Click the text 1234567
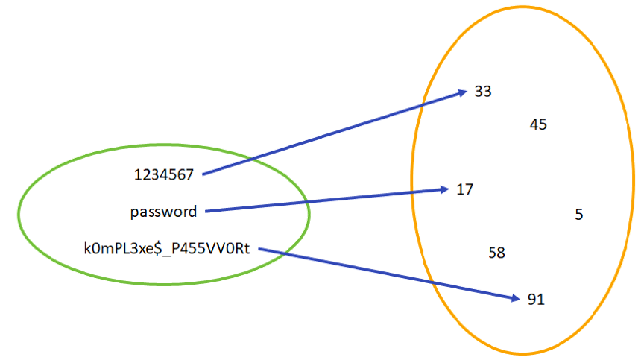[x=164, y=174]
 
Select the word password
[x=164, y=212]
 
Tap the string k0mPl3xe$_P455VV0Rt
[x=168, y=249]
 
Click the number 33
[x=483, y=92]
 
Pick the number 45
[x=538, y=124]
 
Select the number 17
[x=465, y=189]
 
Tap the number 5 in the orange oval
[x=578, y=215]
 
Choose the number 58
[x=496, y=253]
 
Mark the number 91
[x=536, y=300]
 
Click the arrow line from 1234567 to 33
[x=335, y=133]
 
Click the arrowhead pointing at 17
[x=446, y=189]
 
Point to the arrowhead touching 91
[x=514, y=299]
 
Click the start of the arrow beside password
[x=206, y=211]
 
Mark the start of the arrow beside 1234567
[x=203, y=174]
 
